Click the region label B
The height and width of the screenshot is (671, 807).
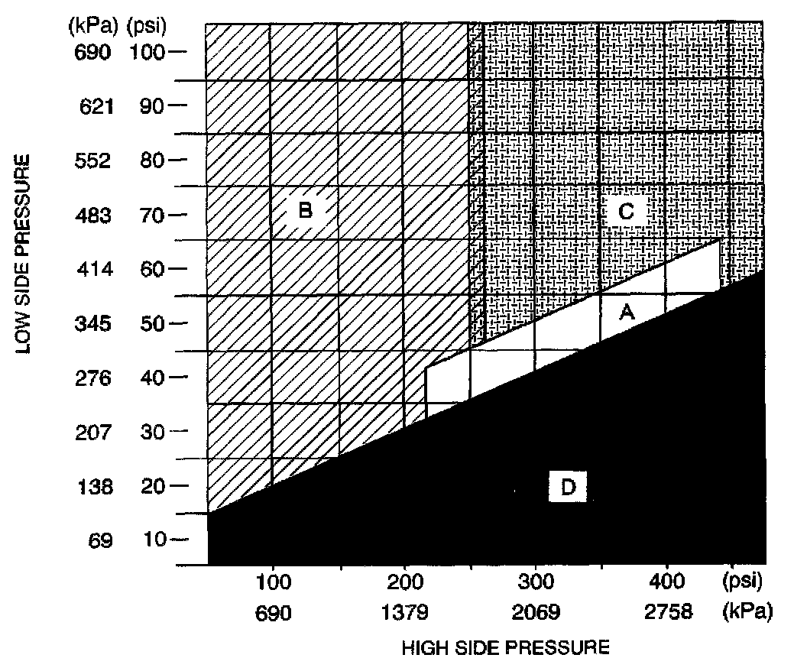pos(305,209)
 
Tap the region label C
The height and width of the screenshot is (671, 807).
pos(626,211)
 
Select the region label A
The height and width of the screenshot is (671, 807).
pos(627,312)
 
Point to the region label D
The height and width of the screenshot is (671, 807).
pos(567,487)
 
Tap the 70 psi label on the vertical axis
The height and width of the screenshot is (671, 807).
pos(151,215)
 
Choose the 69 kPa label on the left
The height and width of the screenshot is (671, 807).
pos(102,540)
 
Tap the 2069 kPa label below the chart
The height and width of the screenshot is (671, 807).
pos(536,611)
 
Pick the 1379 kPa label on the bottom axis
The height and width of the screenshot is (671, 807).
pos(404,611)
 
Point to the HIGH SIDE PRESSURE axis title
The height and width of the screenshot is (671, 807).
pos(505,648)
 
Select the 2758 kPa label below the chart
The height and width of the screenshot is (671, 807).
pos(667,611)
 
